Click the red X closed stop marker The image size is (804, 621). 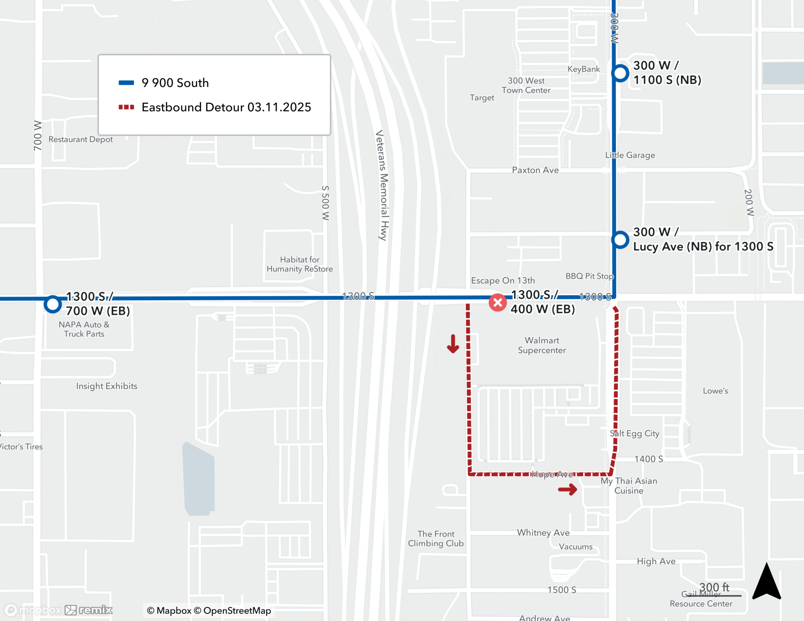point(497,303)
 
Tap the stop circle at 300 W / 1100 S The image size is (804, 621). point(620,73)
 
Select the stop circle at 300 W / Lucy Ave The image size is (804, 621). point(620,240)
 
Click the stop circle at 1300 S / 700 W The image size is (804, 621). point(53,304)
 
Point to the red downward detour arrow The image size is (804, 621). point(453,344)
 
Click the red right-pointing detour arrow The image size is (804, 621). point(568,489)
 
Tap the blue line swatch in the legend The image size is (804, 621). point(126,83)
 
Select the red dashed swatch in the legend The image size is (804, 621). point(126,107)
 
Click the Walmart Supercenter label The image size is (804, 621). point(541,345)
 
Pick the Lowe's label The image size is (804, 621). point(715,391)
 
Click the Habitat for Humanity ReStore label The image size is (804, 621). point(299,264)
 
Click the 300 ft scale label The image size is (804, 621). point(714,587)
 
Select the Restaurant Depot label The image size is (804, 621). point(80,139)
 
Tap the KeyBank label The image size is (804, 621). point(583,69)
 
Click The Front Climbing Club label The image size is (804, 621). point(436,539)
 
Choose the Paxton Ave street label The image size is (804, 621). point(535,170)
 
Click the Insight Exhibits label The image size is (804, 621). point(107,386)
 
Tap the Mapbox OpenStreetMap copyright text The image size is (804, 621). point(209,611)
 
